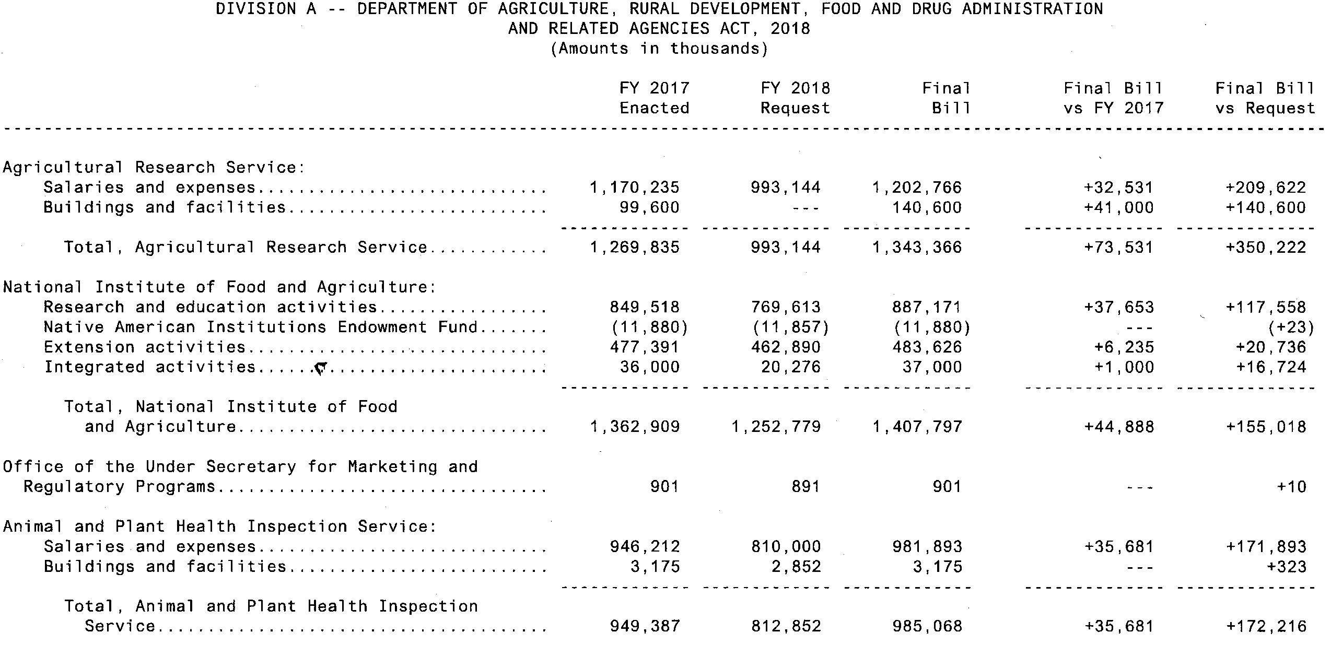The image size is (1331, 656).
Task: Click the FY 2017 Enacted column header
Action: [x=654, y=98]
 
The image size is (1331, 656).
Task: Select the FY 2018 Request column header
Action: [x=795, y=98]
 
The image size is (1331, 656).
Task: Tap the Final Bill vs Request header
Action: [x=1265, y=98]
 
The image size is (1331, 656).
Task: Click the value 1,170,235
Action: [x=635, y=188]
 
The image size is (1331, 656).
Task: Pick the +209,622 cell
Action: [x=1266, y=188]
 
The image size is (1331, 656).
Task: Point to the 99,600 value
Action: [x=650, y=207]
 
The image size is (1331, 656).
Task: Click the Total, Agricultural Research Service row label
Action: [x=246, y=247]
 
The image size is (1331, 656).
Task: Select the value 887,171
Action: [x=927, y=307]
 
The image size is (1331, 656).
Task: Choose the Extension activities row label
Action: [x=144, y=347]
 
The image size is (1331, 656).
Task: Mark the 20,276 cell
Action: [x=791, y=367]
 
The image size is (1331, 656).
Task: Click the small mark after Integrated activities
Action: [x=320, y=369]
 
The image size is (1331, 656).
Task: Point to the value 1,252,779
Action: [x=776, y=427]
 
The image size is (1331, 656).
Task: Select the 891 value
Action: [x=805, y=487]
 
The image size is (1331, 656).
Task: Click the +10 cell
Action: [x=1292, y=487]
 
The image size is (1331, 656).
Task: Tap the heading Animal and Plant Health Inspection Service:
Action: [x=220, y=526]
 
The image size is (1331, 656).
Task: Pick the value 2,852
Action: [x=796, y=567]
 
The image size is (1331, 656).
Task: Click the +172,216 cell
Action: [x=1266, y=626]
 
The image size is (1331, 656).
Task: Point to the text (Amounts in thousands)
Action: [x=659, y=49]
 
